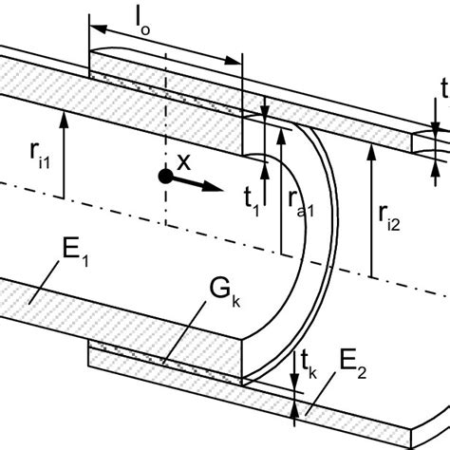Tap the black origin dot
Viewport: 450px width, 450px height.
click(x=165, y=176)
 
